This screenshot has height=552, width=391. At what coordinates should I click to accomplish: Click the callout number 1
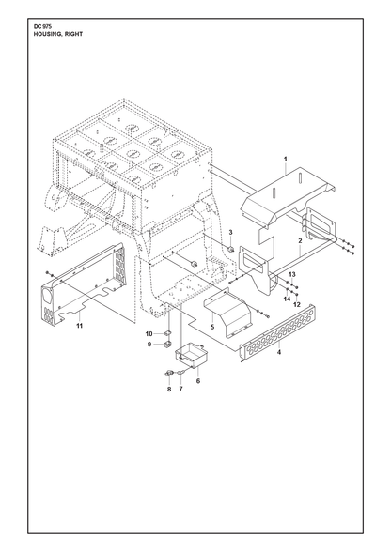coord(286,160)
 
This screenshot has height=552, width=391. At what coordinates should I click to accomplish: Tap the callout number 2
coord(300,240)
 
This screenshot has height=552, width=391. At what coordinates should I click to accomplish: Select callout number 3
coord(230,232)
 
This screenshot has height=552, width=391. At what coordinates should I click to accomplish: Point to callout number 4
coord(279,352)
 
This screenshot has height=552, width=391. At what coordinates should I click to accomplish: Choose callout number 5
coord(212,327)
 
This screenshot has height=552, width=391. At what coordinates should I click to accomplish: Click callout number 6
coord(198,380)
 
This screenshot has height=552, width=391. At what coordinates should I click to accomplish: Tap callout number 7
coord(180,389)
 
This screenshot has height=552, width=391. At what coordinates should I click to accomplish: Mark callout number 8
coord(169,389)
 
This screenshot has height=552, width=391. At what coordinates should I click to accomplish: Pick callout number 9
coord(149,344)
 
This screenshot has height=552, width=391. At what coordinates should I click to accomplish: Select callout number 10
coord(149,333)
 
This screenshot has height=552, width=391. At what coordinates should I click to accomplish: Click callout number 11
coord(80,326)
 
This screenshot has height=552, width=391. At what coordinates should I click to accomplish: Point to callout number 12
coord(297,304)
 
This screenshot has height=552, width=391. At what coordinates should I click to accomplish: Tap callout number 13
coord(292,274)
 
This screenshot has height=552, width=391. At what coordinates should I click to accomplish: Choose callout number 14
coord(287,299)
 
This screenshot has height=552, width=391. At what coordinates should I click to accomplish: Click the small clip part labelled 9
coord(168,344)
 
